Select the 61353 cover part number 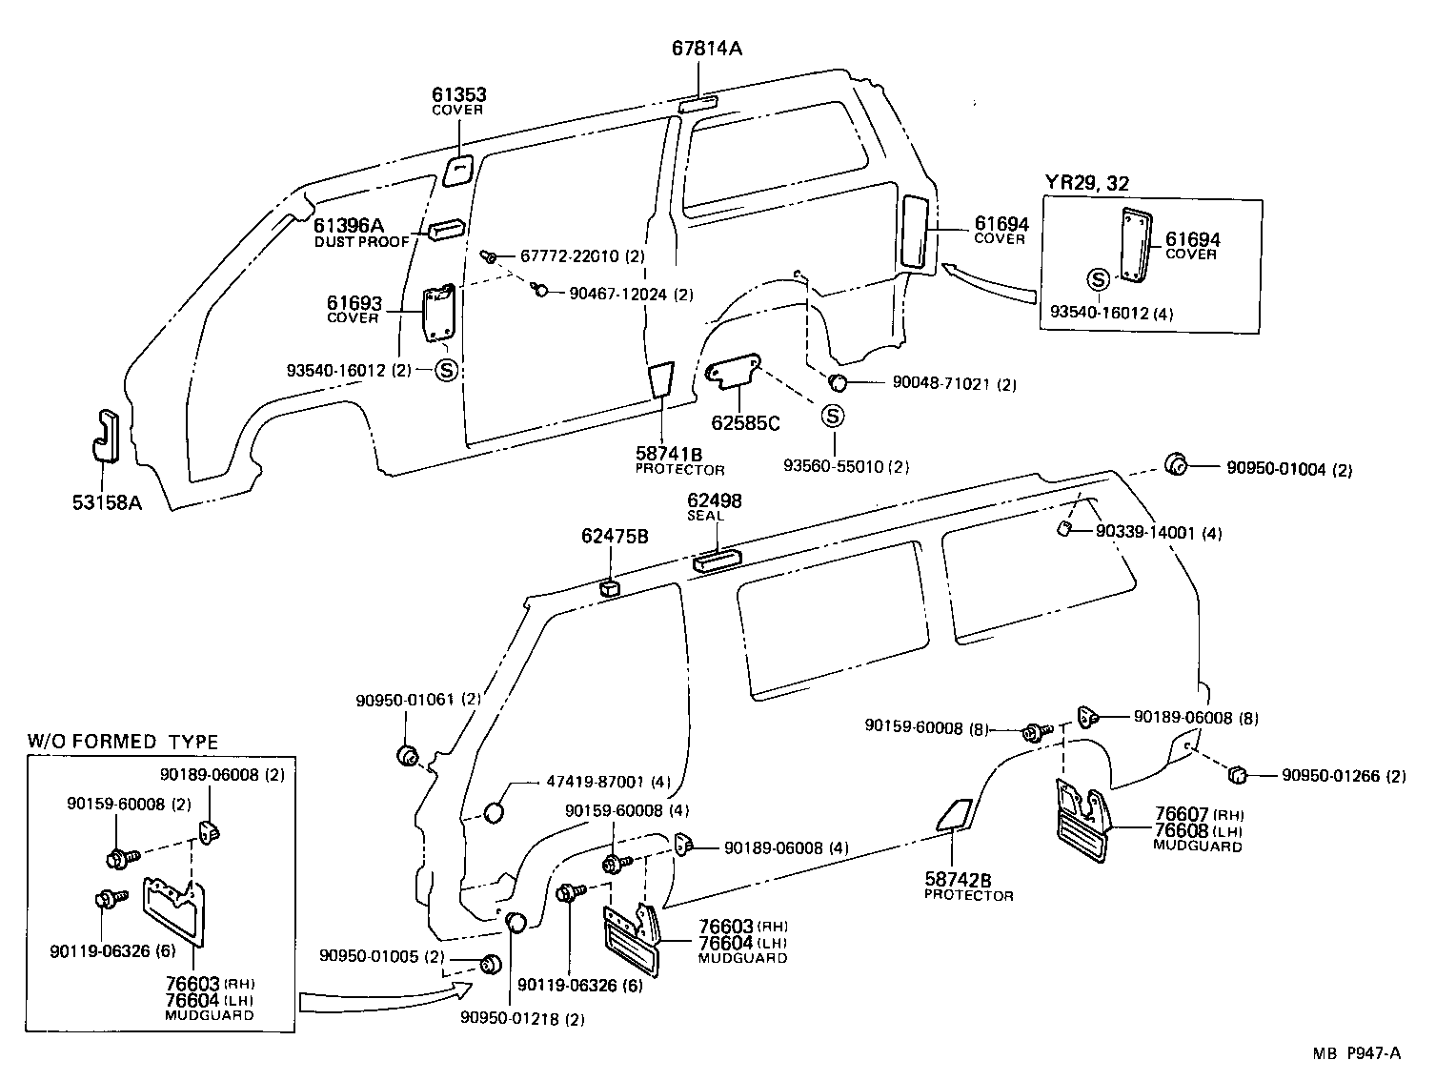point(458,94)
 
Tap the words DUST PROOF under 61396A point(361,242)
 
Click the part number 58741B point(670,454)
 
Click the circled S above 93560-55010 point(833,417)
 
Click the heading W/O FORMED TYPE point(122,742)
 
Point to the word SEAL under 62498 point(706,516)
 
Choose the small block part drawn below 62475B point(611,586)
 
